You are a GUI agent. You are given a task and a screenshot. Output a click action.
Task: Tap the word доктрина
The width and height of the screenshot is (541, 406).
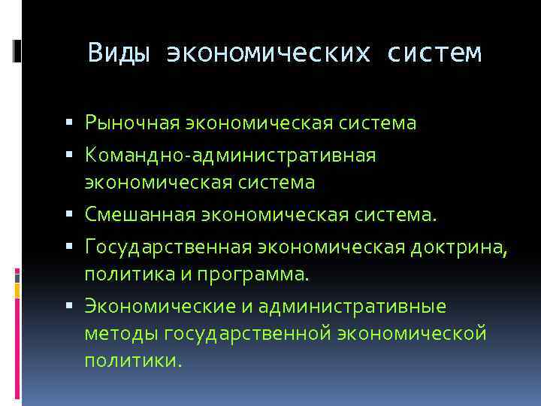459,248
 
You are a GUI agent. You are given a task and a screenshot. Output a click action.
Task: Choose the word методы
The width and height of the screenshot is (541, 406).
121,332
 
